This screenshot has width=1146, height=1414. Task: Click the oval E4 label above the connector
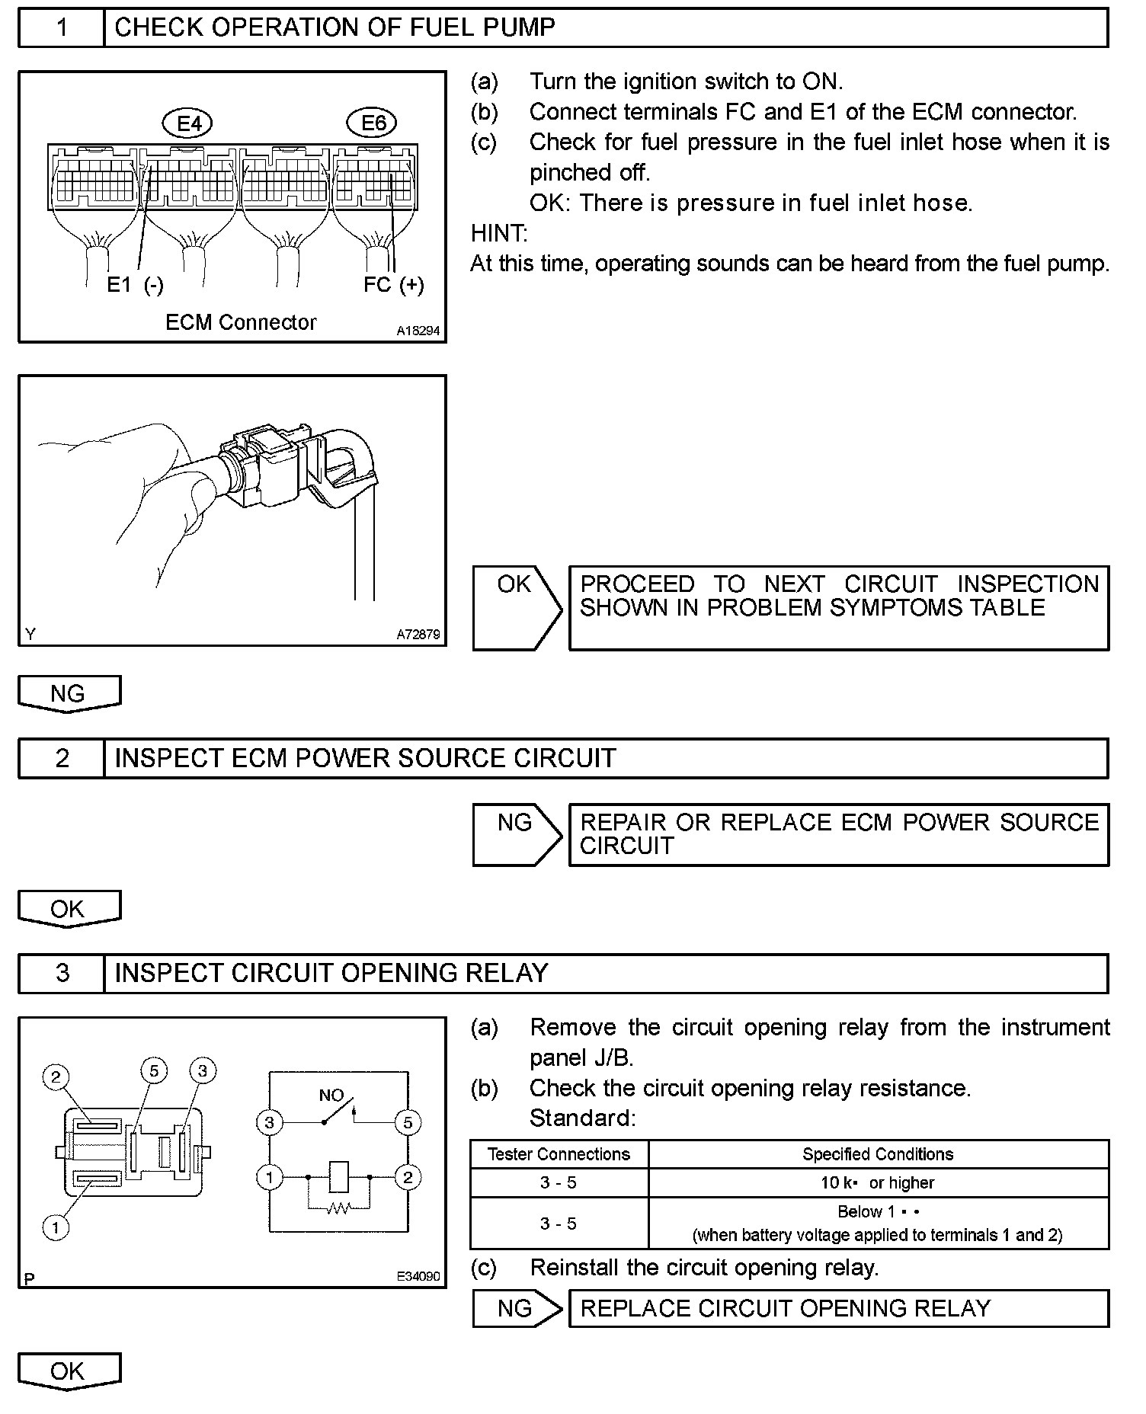pyautogui.click(x=188, y=123)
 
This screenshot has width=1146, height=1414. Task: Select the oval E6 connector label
pyautogui.click(x=373, y=123)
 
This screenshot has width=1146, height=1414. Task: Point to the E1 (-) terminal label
pyautogui.click(x=135, y=285)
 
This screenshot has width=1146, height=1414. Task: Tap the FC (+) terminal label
pyautogui.click(x=393, y=285)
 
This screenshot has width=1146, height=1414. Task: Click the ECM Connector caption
pyautogui.click(x=241, y=322)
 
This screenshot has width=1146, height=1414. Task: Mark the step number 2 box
pyautogui.click(x=62, y=758)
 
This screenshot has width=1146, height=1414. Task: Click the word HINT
pyautogui.click(x=499, y=233)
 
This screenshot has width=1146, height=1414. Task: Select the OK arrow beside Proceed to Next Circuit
pyautogui.click(x=516, y=607)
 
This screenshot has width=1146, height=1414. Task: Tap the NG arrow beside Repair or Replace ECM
pyautogui.click(x=516, y=834)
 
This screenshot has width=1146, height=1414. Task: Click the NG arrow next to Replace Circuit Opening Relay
pyautogui.click(x=516, y=1308)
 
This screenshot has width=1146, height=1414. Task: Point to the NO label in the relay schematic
pyautogui.click(x=331, y=1096)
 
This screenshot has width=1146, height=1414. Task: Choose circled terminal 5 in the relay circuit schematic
pyautogui.click(x=408, y=1122)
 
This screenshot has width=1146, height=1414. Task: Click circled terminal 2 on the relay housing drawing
pyautogui.click(x=56, y=1077)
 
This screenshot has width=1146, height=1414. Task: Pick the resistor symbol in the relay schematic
pyautogui.click(x=338, y=1208)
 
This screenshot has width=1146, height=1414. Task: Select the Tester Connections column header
pyautogui.click(x=559, y=1154)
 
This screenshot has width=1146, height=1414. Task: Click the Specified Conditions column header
pyautogui.click(x=878, y=1154)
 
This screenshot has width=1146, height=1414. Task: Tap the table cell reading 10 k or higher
pyautogui.click(x=878, y=1182)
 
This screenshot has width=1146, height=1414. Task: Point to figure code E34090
pyautogui.click(x=418, y=1276)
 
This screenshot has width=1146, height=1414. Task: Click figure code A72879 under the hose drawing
pyautogui.click(x=418, y=634)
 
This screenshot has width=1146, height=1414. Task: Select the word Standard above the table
pyautogui.click(x=582, y=1118)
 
